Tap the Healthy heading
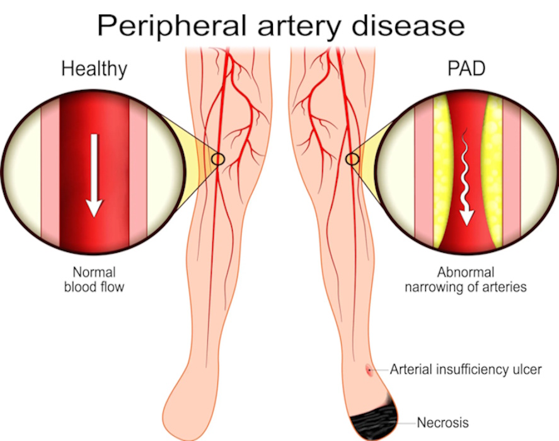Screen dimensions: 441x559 pyautogui.click(x=94, y=69)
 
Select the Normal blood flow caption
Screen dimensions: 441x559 pyautogui.click(x=94, y=280)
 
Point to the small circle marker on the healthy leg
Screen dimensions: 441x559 pyautogui.click(x=218, y=159)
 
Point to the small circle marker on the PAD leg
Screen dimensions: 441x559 pyautogui.click(x=353, y=159)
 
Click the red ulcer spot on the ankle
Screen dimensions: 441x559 pyautogui.click(x=369, y=370)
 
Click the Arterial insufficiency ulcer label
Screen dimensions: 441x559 pyautogui.click(x=465, y=369)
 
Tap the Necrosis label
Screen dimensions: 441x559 pyautogui.click(x=442, y=422)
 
